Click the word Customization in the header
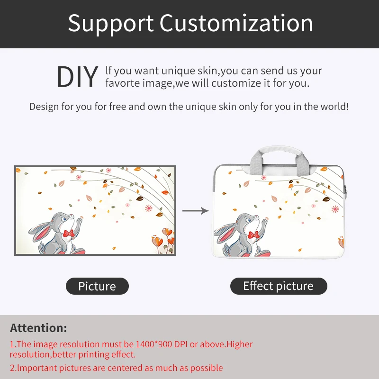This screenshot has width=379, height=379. pyautogui.click(x=236, y=23)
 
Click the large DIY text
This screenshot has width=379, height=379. pyautogui.click(x=78, y=77)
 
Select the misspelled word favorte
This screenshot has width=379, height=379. pyautogui.click(x=123, y=83)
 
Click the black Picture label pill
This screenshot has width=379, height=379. pyautogui.click(x=97, y=286)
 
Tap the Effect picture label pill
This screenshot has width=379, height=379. pyautogui.click(x=279, y=286)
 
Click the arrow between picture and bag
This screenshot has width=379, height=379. pyautogui.click(x=196, y=211)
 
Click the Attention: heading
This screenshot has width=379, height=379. pyautogui.click(x=38, y=328)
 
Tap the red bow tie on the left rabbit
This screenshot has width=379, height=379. pyautogui.click(x=69, y=234)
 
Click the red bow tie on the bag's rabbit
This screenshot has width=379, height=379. pyautogui.click(x=253, y=235)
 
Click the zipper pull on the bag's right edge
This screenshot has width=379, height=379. pyautogui.click(x=346, y=191)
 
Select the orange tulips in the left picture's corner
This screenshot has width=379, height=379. pyautogui.click(x=163, y=239)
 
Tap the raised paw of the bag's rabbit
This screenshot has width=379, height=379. pyautogui.click(x=264, y=221)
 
